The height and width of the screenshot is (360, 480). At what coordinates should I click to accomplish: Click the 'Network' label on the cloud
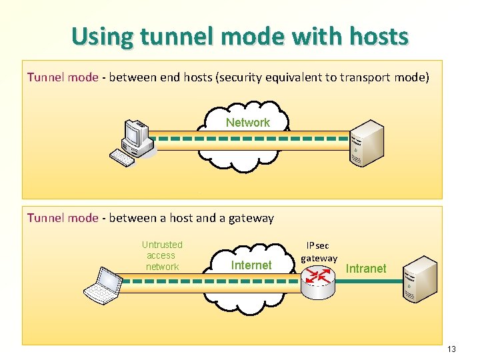[247, 123]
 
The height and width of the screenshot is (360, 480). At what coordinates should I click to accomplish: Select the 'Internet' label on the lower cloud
[251, 265]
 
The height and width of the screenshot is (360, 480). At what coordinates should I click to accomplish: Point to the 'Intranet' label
[366, 269]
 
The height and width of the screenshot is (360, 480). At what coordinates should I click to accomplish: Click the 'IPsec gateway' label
[319, 252]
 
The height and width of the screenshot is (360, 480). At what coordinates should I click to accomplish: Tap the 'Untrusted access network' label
[162, 255]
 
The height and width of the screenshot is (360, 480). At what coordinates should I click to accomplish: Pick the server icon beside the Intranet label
[421, 279]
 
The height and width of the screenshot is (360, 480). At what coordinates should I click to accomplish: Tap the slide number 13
[451, 349]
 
